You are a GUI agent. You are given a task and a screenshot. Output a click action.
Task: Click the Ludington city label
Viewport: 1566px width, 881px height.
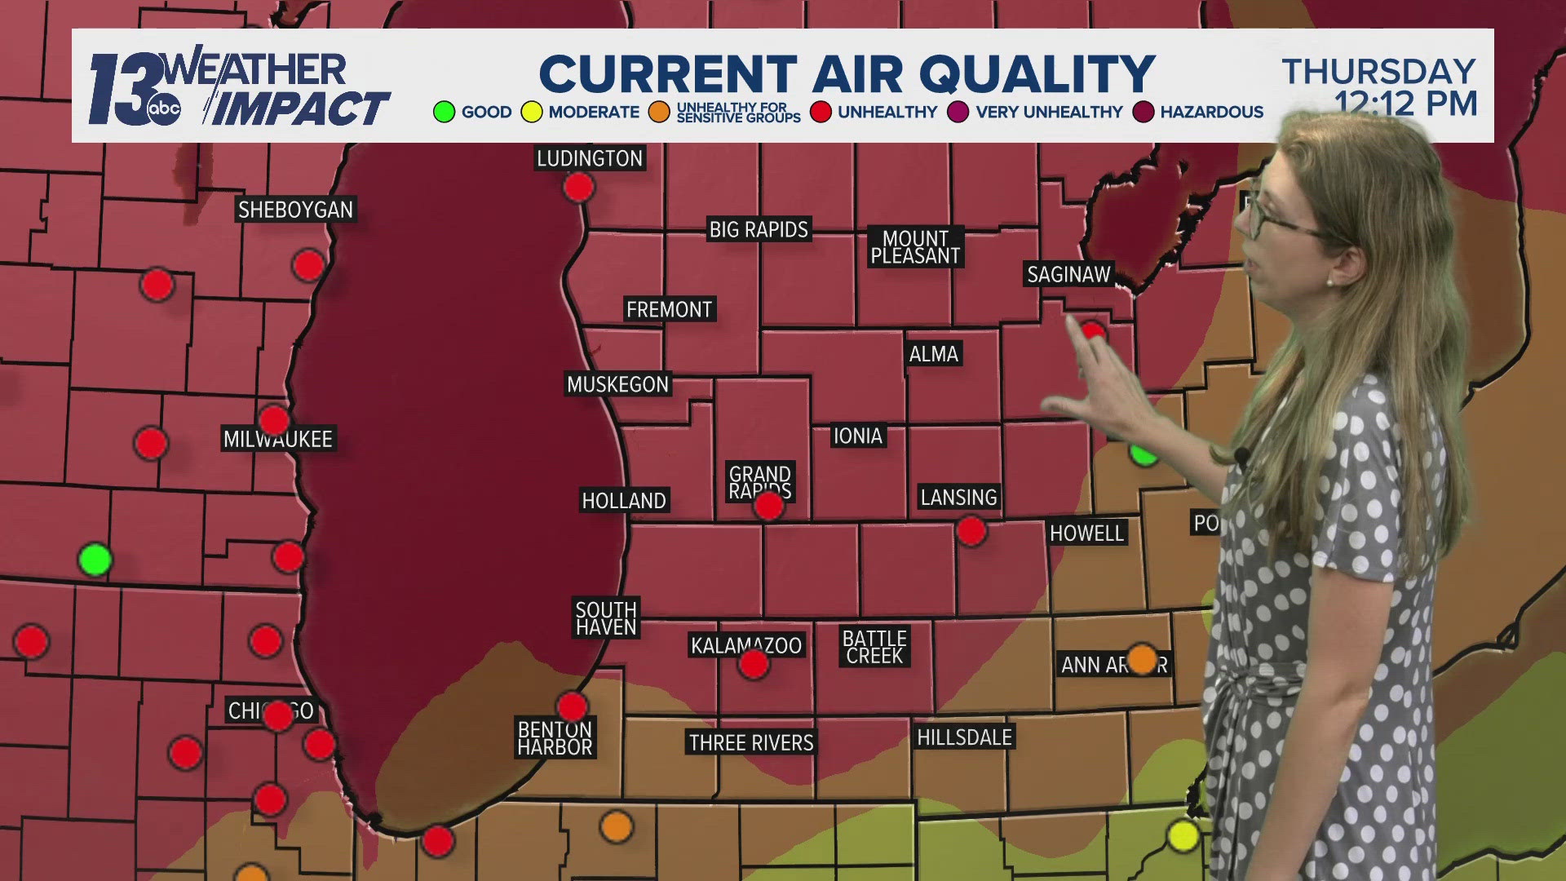590,158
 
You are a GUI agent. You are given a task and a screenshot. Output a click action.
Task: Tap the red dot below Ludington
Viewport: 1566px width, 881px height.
578,188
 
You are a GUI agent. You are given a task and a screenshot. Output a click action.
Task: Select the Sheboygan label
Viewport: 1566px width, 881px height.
295,210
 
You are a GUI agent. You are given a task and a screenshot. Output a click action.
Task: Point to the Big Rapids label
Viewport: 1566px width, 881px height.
759,230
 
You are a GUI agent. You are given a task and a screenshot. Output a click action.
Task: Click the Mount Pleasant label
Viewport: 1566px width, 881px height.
915,247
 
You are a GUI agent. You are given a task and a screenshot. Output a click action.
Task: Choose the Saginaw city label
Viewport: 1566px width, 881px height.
1068,275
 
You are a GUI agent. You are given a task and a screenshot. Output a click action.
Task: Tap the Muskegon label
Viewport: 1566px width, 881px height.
617,384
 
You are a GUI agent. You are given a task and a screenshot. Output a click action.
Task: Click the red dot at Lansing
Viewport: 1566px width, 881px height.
971,532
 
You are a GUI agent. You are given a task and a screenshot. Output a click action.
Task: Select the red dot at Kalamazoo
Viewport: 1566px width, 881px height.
753,664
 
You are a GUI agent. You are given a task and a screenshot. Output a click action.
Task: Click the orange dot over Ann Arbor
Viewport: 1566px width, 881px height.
1142,658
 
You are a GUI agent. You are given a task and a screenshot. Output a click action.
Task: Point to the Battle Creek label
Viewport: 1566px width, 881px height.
874,647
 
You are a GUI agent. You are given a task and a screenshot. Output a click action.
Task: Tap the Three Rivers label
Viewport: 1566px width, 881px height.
751,742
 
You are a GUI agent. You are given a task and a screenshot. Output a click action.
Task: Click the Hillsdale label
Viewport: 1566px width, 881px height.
964,737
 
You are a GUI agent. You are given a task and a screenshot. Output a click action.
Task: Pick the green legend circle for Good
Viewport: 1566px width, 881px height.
445,112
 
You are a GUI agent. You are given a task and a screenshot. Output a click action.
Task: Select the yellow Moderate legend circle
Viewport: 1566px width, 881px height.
532,112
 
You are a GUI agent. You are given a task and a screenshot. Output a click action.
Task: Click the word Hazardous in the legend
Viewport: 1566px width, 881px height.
1211,112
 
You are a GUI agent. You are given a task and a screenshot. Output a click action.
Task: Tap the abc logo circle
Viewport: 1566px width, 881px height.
164,109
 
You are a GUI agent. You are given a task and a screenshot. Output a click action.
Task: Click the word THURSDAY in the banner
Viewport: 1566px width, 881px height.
1378,72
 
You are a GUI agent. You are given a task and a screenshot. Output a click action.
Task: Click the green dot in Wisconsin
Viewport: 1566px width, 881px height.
95,560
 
